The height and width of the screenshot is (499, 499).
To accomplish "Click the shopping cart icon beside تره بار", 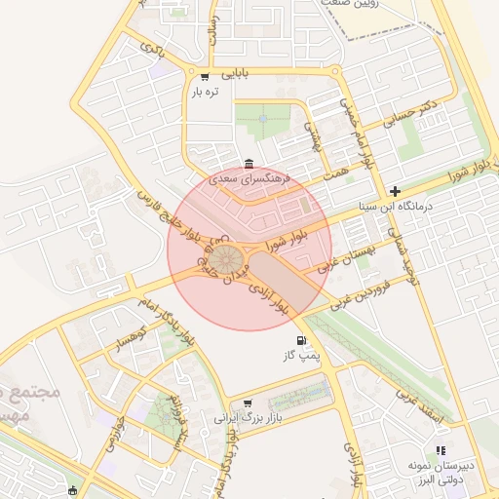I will click(204, 76).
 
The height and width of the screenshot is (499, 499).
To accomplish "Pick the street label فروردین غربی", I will click(363, 293).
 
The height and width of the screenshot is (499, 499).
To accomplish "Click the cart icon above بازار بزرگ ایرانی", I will click(248, 403).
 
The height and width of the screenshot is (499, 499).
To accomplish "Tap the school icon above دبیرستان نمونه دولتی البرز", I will click(441, 450).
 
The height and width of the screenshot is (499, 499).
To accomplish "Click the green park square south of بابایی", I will click(262, 121).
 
